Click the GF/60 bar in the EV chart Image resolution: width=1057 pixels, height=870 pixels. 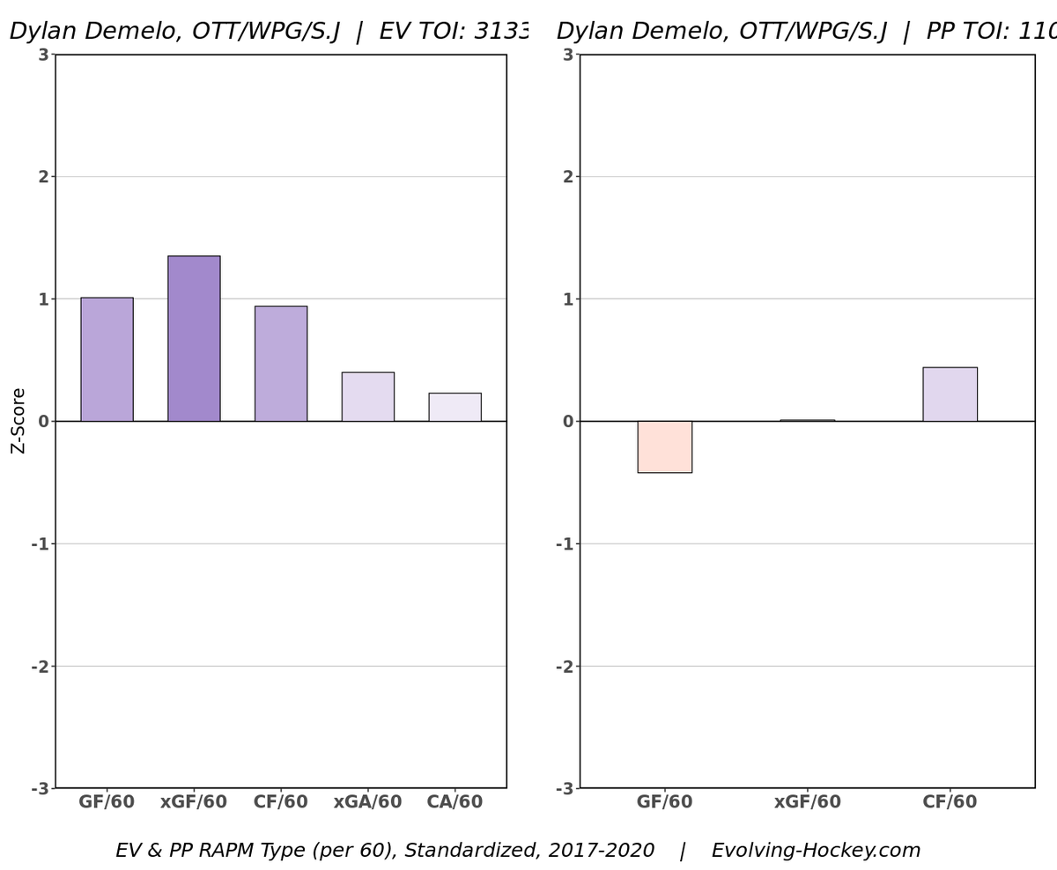[x=107, y=359]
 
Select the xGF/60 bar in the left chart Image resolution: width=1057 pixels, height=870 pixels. [x=194, y=338]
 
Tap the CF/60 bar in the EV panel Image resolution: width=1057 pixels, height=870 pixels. [x=281, y=364]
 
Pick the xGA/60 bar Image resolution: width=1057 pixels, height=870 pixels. [x=367, y=396]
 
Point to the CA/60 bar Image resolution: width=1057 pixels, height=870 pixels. [x=455, y=407]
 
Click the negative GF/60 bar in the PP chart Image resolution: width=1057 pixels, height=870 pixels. [x=664, y=446]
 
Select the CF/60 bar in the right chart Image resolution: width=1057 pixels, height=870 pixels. [x=950, y=394]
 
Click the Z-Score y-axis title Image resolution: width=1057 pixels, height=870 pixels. [x=18, y=420]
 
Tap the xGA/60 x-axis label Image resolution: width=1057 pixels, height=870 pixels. [x=367, y=802]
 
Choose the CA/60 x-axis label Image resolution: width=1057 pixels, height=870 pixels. [x=455, y=802]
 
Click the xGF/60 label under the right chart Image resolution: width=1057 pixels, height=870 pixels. [x=807, y=802]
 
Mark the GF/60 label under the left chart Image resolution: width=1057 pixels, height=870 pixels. [x=107, y=802]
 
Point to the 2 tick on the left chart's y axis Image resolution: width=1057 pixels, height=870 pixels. [x=42, y=176]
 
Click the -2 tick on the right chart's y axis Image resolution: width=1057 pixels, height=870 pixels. [x=564, y=666]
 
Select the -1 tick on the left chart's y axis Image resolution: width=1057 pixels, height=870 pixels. [x=40, y=543]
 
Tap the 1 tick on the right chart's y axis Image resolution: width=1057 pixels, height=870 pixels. [x=567, y=299]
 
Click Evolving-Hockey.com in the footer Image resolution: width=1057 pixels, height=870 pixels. [x=816, y=851]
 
